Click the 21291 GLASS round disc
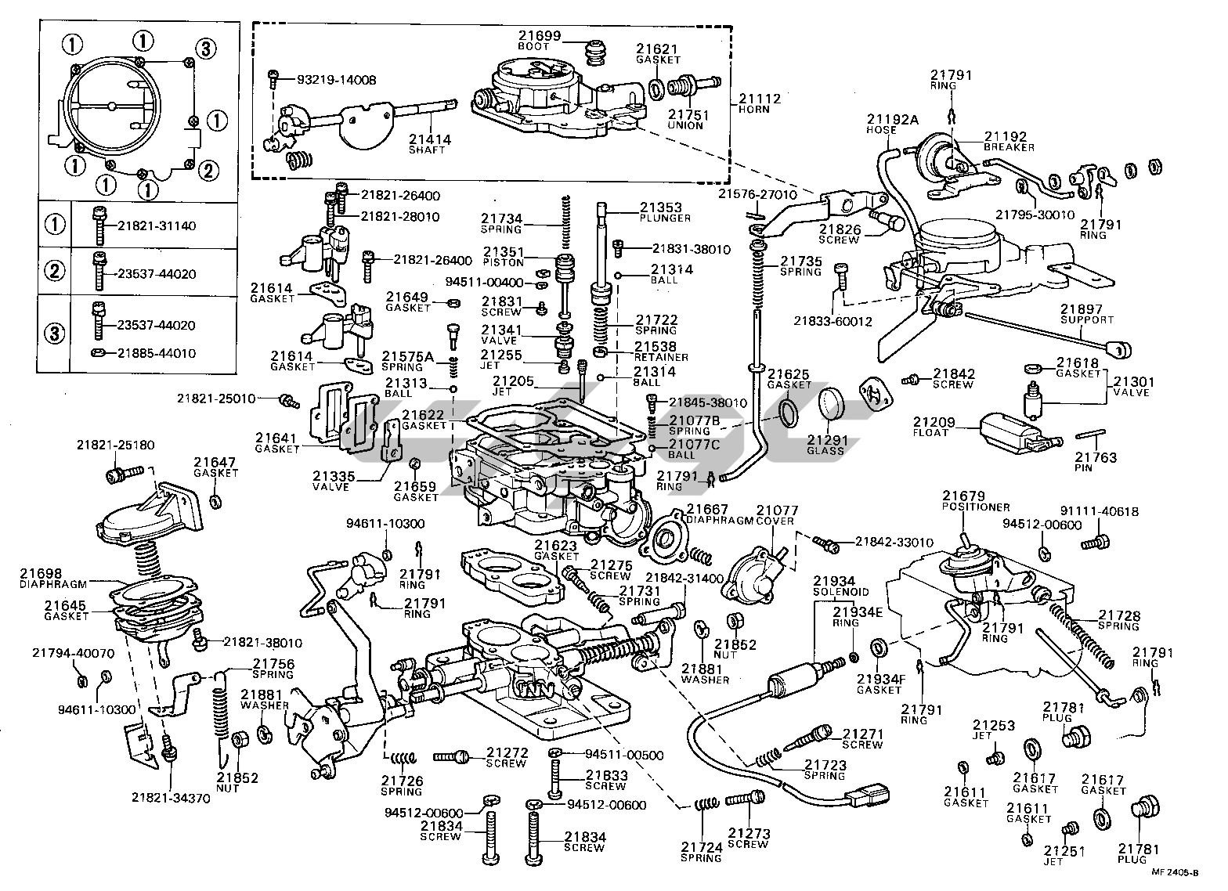[x=833, y=406]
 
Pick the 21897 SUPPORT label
[x=1086, y=314]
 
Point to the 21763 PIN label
[x=1095, y=461]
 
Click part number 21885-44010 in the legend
[x=157, y=353]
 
